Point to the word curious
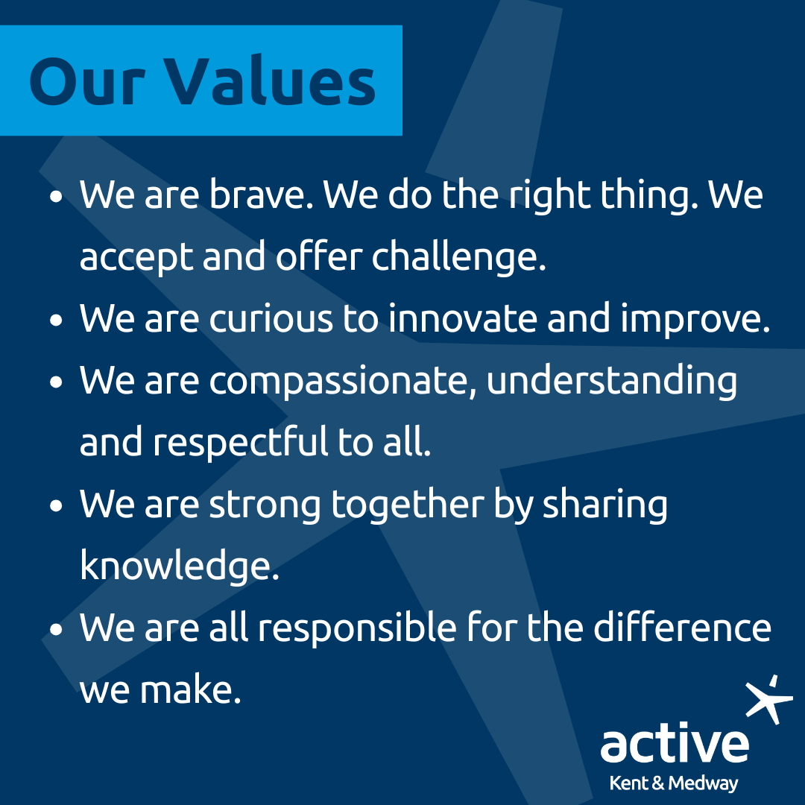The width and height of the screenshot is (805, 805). coord(271,318)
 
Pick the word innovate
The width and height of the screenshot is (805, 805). coord(463,318)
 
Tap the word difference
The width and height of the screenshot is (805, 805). coord(682,628)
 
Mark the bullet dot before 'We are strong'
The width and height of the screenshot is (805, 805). coord(56,505)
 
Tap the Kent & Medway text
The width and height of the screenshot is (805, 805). coord(674,783)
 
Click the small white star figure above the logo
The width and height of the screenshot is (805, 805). coord(769,699)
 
